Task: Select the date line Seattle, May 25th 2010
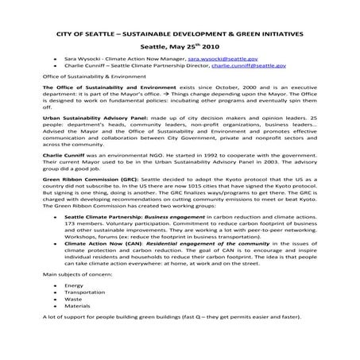point(179,46)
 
